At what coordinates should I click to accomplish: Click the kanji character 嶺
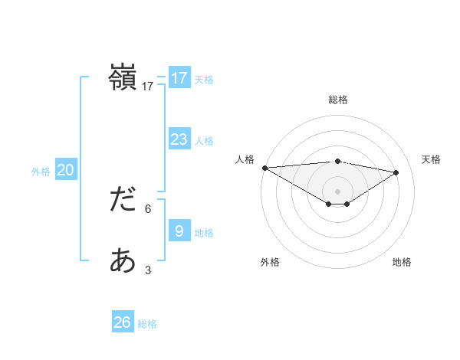tap(123, 78)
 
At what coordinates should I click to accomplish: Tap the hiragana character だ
tap(123, 200)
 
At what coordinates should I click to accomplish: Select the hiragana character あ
tap(123, 261)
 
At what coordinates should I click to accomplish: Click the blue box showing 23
tap(179, 139)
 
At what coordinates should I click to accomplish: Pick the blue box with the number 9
tap(179, 231)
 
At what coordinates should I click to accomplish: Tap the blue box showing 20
tap(65, 170)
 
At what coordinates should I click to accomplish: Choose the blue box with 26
tap(122, 322)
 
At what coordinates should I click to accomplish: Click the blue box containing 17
tap(179, 77)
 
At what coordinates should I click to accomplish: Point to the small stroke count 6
tap(149, 208)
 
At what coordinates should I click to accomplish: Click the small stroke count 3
tap(148, 270)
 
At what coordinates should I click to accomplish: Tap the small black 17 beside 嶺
tap(147, 87)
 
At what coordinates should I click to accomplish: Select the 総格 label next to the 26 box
tap(147, 324)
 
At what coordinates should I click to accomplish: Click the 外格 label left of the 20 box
tap(41, 172)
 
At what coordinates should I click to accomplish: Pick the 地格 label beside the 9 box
tap(204, 233)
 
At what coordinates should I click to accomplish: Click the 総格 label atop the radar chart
tap(337, 100)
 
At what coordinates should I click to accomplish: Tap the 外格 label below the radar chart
tap(270, 262)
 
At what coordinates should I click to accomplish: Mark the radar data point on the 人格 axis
tap(264, 168)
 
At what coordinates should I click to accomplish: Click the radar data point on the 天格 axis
tap(396, 172)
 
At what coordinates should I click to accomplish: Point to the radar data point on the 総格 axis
tap(337, 161)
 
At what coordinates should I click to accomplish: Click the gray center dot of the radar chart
tap(337, 190)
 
